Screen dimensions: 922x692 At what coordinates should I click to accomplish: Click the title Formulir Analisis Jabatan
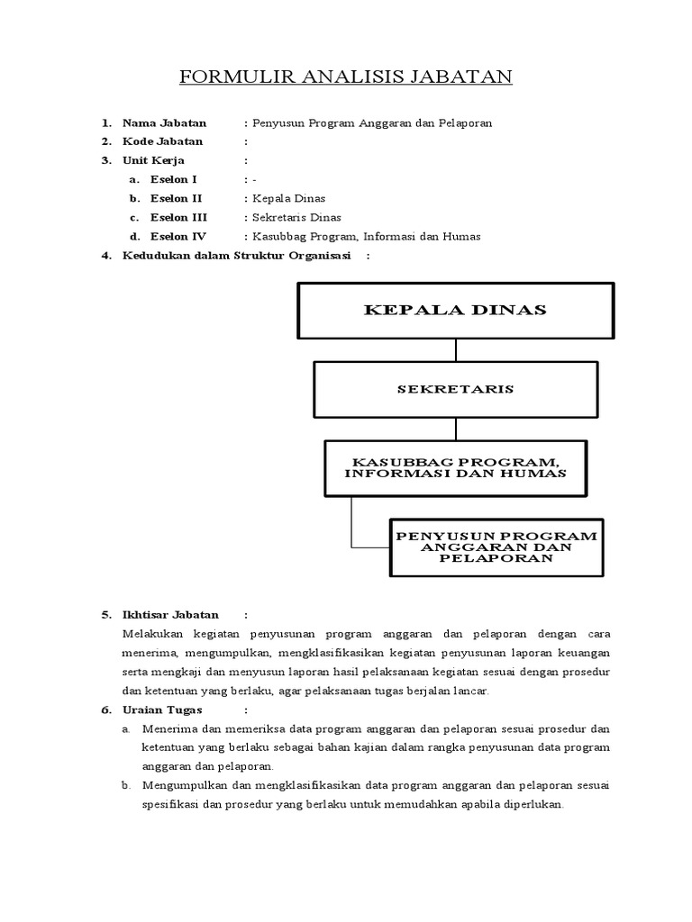pos(346,77)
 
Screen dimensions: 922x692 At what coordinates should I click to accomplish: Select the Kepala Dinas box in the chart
pos(455,311)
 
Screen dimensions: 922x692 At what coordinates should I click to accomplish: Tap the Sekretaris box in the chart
pos(455,389)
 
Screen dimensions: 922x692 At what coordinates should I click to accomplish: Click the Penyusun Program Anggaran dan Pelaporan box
pos(496,547)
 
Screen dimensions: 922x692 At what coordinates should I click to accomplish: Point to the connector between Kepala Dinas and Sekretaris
pos(455,349)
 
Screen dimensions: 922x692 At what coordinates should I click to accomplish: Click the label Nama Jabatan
pos(164,122)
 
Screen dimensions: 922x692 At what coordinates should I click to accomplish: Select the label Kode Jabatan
pos(162,141)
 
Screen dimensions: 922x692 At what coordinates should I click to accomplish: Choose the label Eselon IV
pos(178,236)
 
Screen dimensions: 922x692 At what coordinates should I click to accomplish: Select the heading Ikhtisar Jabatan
pos(170,615)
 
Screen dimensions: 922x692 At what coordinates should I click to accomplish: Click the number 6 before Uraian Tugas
pos(105,710)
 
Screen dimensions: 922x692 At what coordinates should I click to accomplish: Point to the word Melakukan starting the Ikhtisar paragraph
pos(153,634)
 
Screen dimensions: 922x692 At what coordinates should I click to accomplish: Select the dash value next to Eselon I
pos(255,179)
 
